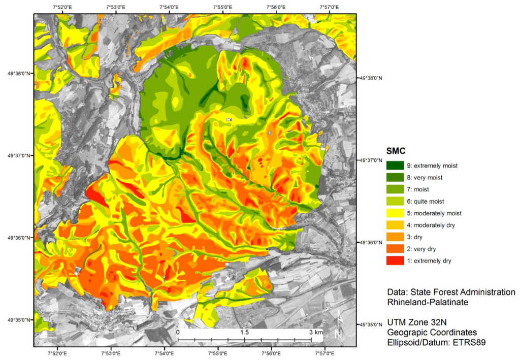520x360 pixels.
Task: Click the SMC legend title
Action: pos(397,151)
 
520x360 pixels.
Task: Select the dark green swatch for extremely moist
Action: pos(395,166)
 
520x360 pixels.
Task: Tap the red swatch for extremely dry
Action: pos(395,261)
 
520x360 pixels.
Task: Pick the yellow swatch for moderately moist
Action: pos(395,213)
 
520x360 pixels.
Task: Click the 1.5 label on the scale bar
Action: pos(244,332)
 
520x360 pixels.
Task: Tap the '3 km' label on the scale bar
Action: pos(316,332)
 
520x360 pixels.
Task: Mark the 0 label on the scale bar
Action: pos(178,332)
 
